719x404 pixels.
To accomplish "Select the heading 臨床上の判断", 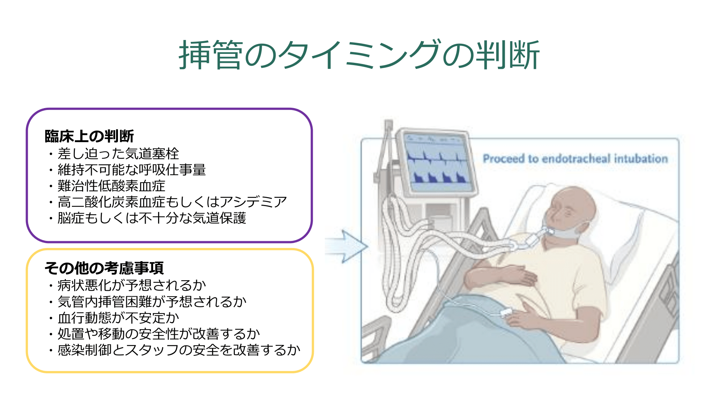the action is point(89,136).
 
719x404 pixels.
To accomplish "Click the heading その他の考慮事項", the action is point(104,268).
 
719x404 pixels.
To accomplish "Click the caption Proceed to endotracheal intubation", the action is point(575,159).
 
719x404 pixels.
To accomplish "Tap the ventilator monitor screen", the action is point(437,161).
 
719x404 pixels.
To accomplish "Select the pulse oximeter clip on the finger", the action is point(506,312).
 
